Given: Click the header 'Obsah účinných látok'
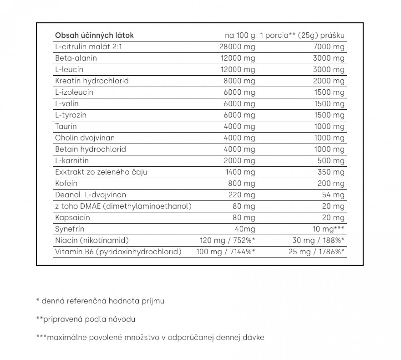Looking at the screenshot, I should coord(94,35).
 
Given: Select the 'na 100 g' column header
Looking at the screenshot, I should coord(240,35).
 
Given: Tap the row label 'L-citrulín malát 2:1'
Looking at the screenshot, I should coord(89,47).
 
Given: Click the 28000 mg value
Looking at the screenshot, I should coord(237,47).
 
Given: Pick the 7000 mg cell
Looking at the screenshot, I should coord(328,47).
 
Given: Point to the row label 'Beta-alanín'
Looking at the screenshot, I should coord(76,58).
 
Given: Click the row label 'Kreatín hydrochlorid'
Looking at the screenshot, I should coord(92,81).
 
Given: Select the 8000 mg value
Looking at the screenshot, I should coord(239,81).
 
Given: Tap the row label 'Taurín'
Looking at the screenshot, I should coord(66,126).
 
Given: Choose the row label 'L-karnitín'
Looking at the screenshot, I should coord(72,161).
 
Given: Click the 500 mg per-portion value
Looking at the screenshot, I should coord(331,161).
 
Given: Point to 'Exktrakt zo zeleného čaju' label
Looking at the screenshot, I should coord(101,172).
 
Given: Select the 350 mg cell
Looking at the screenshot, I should coord(331,172).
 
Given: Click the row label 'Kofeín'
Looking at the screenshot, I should coord(66,183).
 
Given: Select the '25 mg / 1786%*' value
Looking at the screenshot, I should coord(316,252).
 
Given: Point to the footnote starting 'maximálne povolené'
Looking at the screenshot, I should coord(156,337).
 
